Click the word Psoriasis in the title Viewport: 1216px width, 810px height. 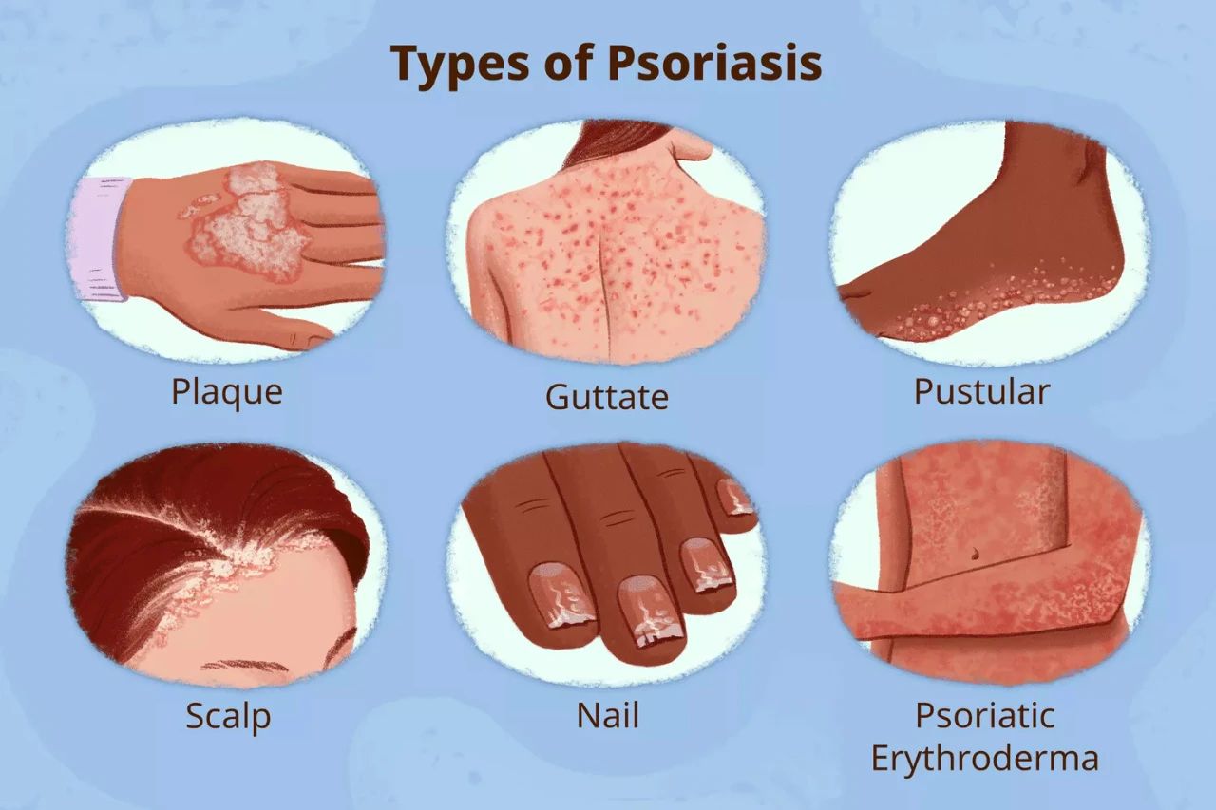click(714, 63)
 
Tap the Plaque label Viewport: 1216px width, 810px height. click(227, 392)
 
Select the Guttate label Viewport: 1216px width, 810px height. click(606, 397)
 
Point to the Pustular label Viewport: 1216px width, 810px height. click(982, 391)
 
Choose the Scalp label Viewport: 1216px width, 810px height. click(228, 717)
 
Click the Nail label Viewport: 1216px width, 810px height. click(607, 715)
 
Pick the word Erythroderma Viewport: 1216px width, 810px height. click(985, 759)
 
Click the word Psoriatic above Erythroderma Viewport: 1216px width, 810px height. click(985, 715)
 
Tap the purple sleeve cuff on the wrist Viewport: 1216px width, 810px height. click(101, 238)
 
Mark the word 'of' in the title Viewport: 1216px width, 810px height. click(567, 63)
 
